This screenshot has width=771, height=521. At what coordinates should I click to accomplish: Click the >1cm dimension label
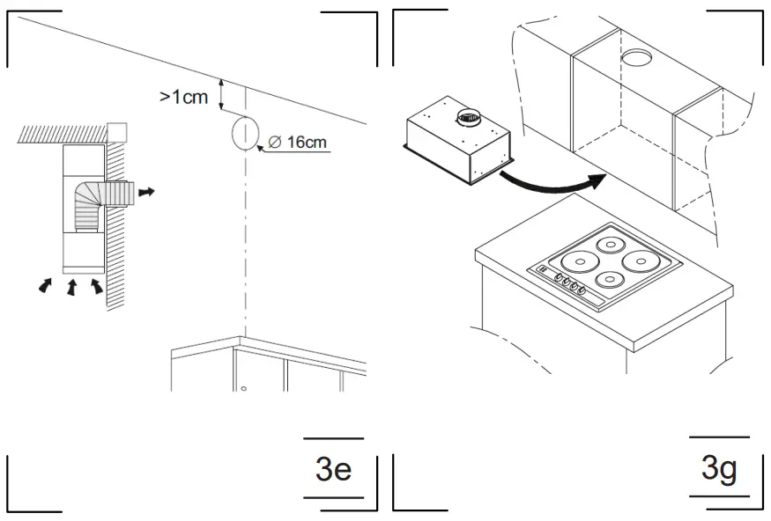pyautogui.click(x=183, y=96)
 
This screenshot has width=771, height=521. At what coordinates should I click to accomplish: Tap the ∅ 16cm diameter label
pyautogui.click(x=296, y=143)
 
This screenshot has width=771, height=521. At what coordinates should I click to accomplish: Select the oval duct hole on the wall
pyautogui.click(x=244, y=134)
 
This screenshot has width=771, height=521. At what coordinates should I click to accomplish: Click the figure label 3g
pyautogui.click(x=719, y=468)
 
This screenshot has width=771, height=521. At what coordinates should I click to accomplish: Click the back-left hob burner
pyautogui.click(x=609, y=245)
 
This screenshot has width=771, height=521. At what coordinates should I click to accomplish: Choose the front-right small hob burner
pyautogui.click(x=609, y=280)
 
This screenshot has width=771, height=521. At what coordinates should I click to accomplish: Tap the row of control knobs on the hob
pyautogui.click(x=569, y=285)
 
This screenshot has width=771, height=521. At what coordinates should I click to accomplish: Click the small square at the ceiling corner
pyautogui.click(x=116, y=132)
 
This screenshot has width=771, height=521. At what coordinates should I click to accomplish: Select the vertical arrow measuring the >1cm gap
pyautogui.click(x=222, y=92)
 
